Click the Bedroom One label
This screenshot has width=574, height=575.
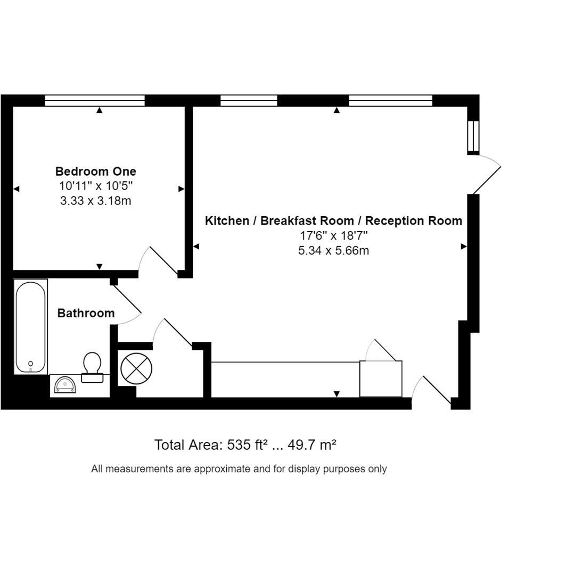click(96, 171)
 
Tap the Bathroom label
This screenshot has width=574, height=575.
click(86, 313)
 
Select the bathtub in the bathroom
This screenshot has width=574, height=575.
click(30, 327)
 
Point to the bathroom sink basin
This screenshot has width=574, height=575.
click(65, 384)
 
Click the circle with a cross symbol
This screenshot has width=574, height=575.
click(136, 368)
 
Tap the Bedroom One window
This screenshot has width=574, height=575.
click(95, 101)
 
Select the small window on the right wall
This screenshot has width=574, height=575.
click(473, 137)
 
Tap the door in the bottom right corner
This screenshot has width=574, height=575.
click(436, 391)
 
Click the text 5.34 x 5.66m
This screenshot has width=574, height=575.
click(333, 251)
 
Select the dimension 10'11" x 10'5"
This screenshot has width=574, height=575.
click(96, 186)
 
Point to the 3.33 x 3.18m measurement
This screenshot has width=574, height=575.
click(96, 201)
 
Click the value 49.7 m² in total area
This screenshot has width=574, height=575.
click(312, 445)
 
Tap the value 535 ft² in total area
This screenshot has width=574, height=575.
click(247, 445)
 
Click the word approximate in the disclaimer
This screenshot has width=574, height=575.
click(222, 469)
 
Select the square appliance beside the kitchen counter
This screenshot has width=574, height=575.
click(381, 379)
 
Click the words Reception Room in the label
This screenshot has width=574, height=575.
click(414, 221)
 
